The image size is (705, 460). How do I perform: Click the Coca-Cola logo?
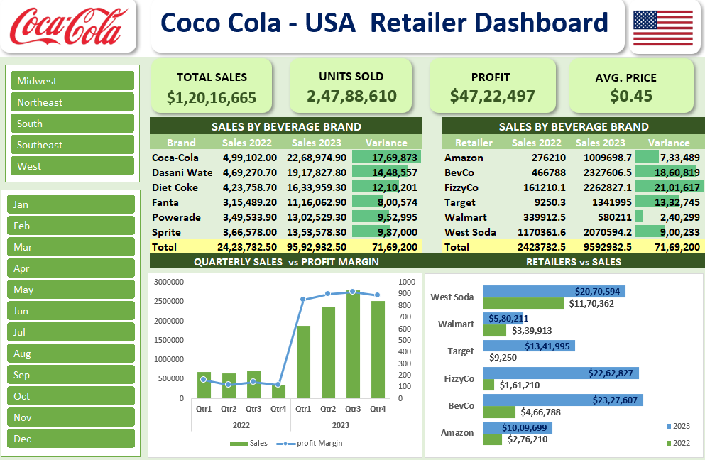[68, 26]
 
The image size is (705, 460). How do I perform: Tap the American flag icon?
[662, 28]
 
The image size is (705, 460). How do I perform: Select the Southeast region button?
[72, 145]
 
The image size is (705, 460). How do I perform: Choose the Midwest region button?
[72, 81]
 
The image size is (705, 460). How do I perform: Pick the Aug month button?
[71, 354]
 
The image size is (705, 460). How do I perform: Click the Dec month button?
[71, 439]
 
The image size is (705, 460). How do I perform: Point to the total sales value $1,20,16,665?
[212, 97]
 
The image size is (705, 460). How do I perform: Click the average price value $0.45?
[631, 96]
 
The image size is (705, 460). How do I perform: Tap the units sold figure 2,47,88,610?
[351, 96]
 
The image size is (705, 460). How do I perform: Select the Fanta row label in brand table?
[165, 202]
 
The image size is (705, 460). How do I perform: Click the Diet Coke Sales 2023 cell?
[317, 187]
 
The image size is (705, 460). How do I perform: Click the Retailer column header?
[474, 143]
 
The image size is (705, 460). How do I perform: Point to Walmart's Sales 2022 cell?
[544, 217]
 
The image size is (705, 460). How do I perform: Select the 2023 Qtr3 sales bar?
[353, 344]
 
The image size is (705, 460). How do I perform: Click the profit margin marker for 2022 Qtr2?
[229, 385]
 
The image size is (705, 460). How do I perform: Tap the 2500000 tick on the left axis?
[168, 301]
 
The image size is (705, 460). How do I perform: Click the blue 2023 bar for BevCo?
[563, 400]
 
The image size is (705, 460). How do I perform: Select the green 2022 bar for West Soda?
[523, 303]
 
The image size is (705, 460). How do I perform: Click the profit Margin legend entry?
[310, 444]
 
